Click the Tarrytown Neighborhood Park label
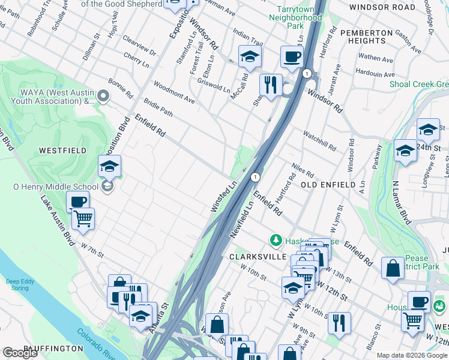pyautogui.click(x=299, y=18)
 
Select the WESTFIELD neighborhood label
pyautogui.click(x=62, y=151)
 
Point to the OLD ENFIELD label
pyautogui.click(x=328, y=185)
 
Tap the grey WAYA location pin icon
pyautogui.click(x=103, y=95)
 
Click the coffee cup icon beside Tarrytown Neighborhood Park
pyautogui.click(x=292, y=57)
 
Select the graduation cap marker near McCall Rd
pyautogui.click(x=250, y=56)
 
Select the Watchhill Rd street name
pyautogui.click(x=319, y=141)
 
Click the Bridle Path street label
pyautogui.click(x=158, y=110)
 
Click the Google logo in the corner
pyautogui.click(x=20, y=353)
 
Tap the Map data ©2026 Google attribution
pyautogui.click(x=412, y=355)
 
